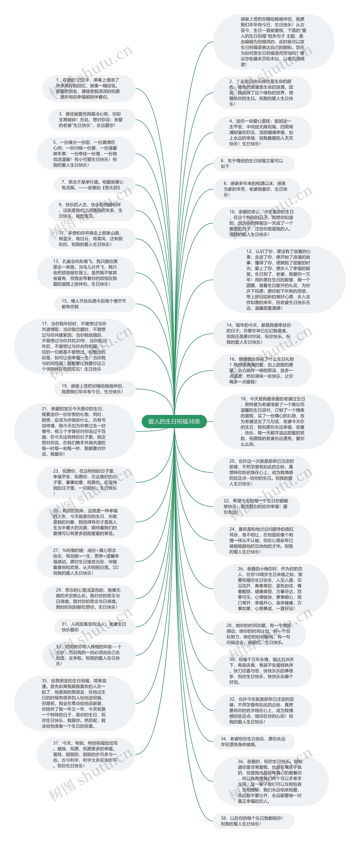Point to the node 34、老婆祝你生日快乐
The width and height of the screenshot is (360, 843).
tap(254, 741)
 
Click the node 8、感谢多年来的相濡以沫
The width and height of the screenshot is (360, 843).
tap(256, 189)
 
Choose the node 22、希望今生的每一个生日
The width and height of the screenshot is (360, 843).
tap(256, 506)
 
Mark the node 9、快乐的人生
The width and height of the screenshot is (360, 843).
tap(92, 210)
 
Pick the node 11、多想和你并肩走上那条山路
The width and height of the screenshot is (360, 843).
tap(92, 239)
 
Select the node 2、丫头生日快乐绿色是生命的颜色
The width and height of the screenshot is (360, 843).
tap(262, 93)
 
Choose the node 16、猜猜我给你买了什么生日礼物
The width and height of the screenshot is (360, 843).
tap(262, 370)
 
